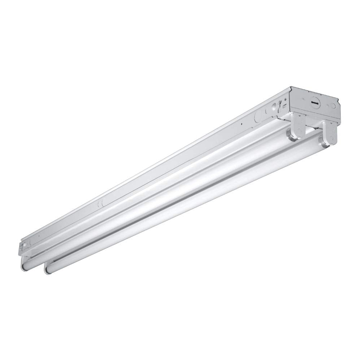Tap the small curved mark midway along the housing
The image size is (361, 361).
[99, 204]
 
